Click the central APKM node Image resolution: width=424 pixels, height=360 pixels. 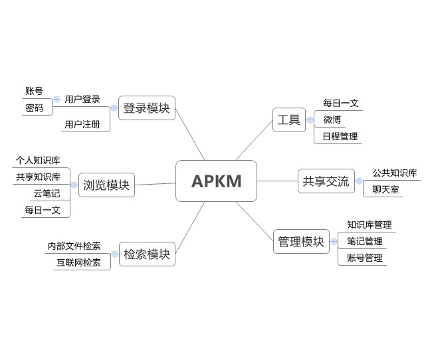pos(216,181)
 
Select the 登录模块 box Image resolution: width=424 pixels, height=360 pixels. pos(146,108)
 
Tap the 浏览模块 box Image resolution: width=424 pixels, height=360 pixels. pos(106,185)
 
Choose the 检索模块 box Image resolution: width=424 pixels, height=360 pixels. pos(146,254)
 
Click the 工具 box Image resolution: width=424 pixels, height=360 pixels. pos(288,120)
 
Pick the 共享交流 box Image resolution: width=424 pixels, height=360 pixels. pos(326,181)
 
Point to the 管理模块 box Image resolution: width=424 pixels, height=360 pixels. pos(301,241)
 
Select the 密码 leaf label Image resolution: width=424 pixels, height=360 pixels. pos(34,108)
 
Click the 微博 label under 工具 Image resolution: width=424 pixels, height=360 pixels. pos(332,120)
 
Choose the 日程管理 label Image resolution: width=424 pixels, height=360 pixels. pos(340,137)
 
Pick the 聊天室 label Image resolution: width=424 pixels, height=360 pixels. pos(385,190)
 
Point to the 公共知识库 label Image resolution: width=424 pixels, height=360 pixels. pos(395,173)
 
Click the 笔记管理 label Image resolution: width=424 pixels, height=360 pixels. pos(365,241)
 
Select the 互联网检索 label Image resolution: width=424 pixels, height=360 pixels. pos(78,262)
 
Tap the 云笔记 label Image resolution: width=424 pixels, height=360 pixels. pos(47,194)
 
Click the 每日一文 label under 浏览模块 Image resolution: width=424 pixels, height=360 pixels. pos(43,210)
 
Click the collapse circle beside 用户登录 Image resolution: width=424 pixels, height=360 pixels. pos(57,100)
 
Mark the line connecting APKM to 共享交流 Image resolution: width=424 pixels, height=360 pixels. pos(277,181)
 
